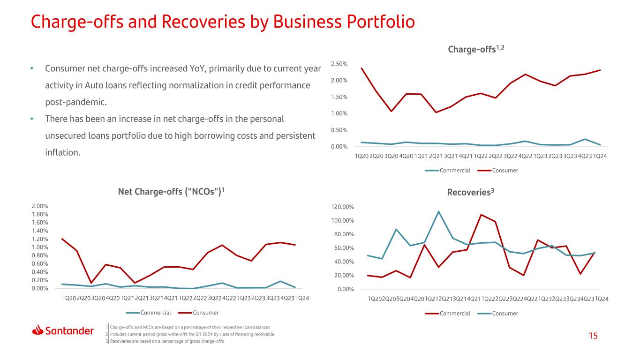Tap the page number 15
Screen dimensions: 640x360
tap(593, 336)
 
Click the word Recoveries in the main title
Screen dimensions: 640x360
tap(203, 22)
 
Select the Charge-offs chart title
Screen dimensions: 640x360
tap(476, 49)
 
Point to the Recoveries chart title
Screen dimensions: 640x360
tap(471, 192)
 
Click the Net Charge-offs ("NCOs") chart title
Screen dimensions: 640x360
tap(171, 191)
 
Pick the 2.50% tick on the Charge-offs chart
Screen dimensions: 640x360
tap(339, 64)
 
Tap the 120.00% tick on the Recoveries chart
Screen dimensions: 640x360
tap(343, 207)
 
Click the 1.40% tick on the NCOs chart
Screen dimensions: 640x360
tap(40, 231)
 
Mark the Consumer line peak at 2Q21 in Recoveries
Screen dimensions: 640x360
tap(438, 211)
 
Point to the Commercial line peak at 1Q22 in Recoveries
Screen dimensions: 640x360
tap(481, 215)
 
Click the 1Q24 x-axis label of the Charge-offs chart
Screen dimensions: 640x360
tap(600, 156)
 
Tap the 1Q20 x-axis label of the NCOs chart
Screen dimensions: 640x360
tap(69, 298)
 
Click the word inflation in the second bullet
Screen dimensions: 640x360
tap(62, 152)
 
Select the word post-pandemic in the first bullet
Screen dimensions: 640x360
tap(75, 102)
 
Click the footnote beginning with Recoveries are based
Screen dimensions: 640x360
tap(167, 341)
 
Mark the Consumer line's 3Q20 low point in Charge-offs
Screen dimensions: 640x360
tap(391, 111)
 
